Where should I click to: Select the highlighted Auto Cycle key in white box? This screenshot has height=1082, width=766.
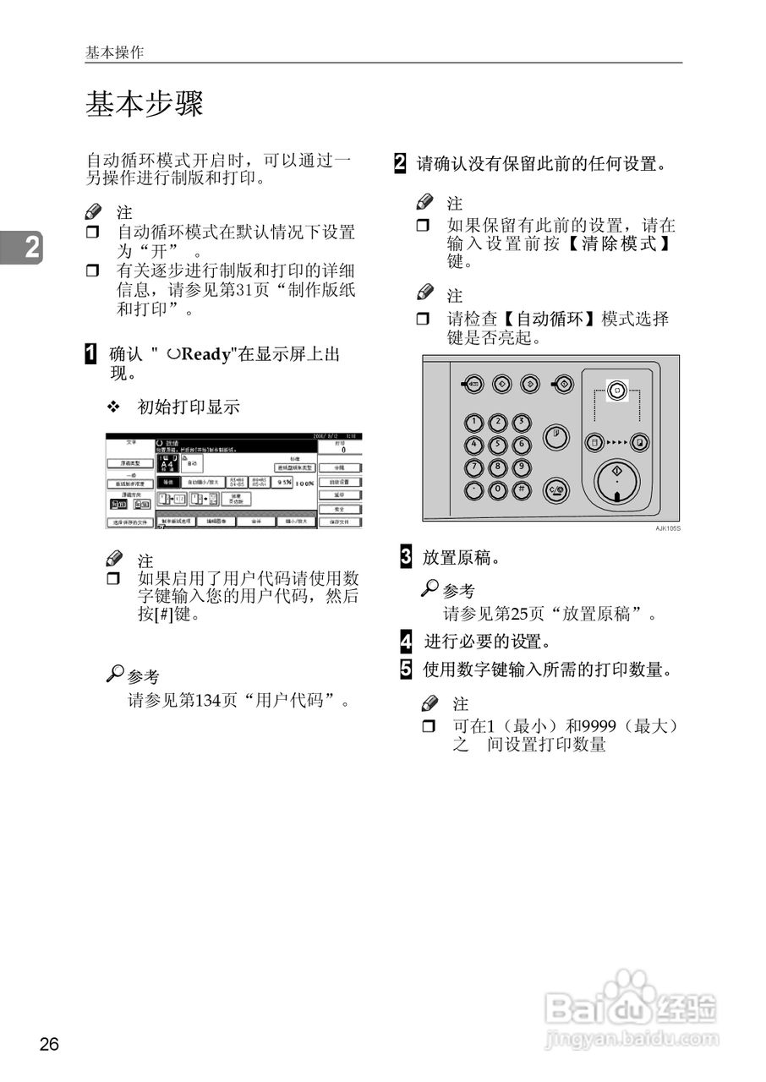616,391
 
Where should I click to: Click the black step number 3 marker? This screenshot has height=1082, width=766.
406,557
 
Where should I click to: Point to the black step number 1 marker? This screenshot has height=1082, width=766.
90,353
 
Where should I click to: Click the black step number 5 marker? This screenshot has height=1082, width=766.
406,669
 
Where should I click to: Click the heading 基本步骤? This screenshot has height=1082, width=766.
144,105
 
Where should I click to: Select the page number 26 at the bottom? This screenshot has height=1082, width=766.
49,1045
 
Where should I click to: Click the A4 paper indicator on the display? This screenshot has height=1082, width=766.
167,464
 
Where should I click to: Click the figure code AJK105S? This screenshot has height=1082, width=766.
667,528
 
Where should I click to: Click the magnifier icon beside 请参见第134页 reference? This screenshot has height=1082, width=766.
115,674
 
